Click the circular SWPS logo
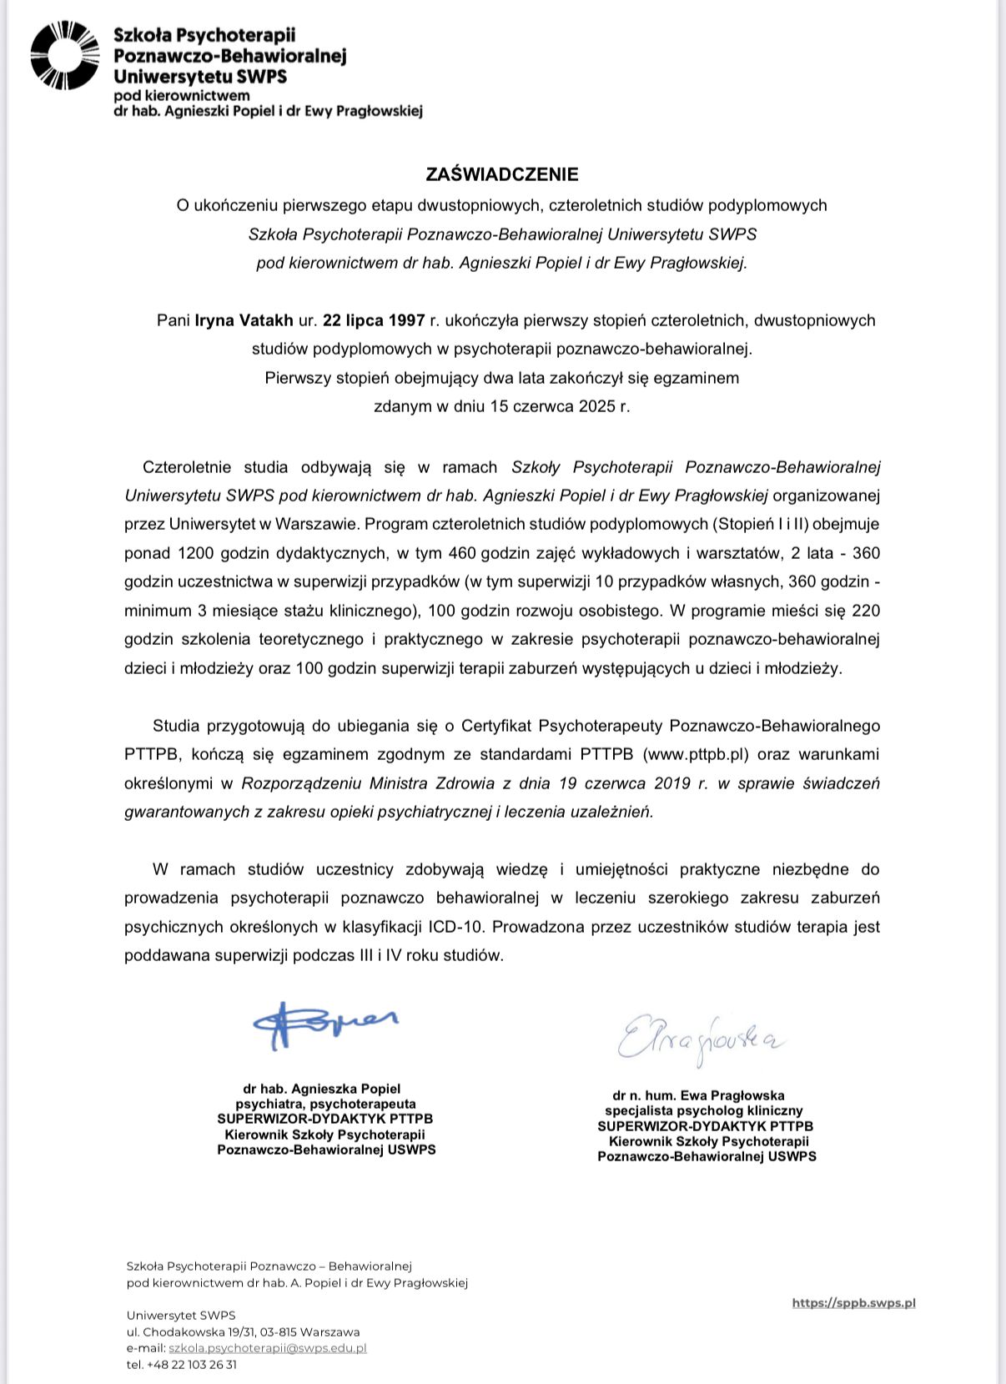click(x=64, y=56)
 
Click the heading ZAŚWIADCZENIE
click(x=502, y=174)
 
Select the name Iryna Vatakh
click(x=244, y=320)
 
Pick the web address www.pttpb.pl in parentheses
click(x=694, y=754)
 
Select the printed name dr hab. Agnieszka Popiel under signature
click(x=322, y=1089)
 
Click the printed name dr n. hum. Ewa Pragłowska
click(x=698, y=1095)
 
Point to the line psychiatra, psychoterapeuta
click(x=325, y=1104)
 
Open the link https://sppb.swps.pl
click(x=853, y=1302)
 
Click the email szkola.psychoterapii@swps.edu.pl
click(x=268, y=1348)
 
